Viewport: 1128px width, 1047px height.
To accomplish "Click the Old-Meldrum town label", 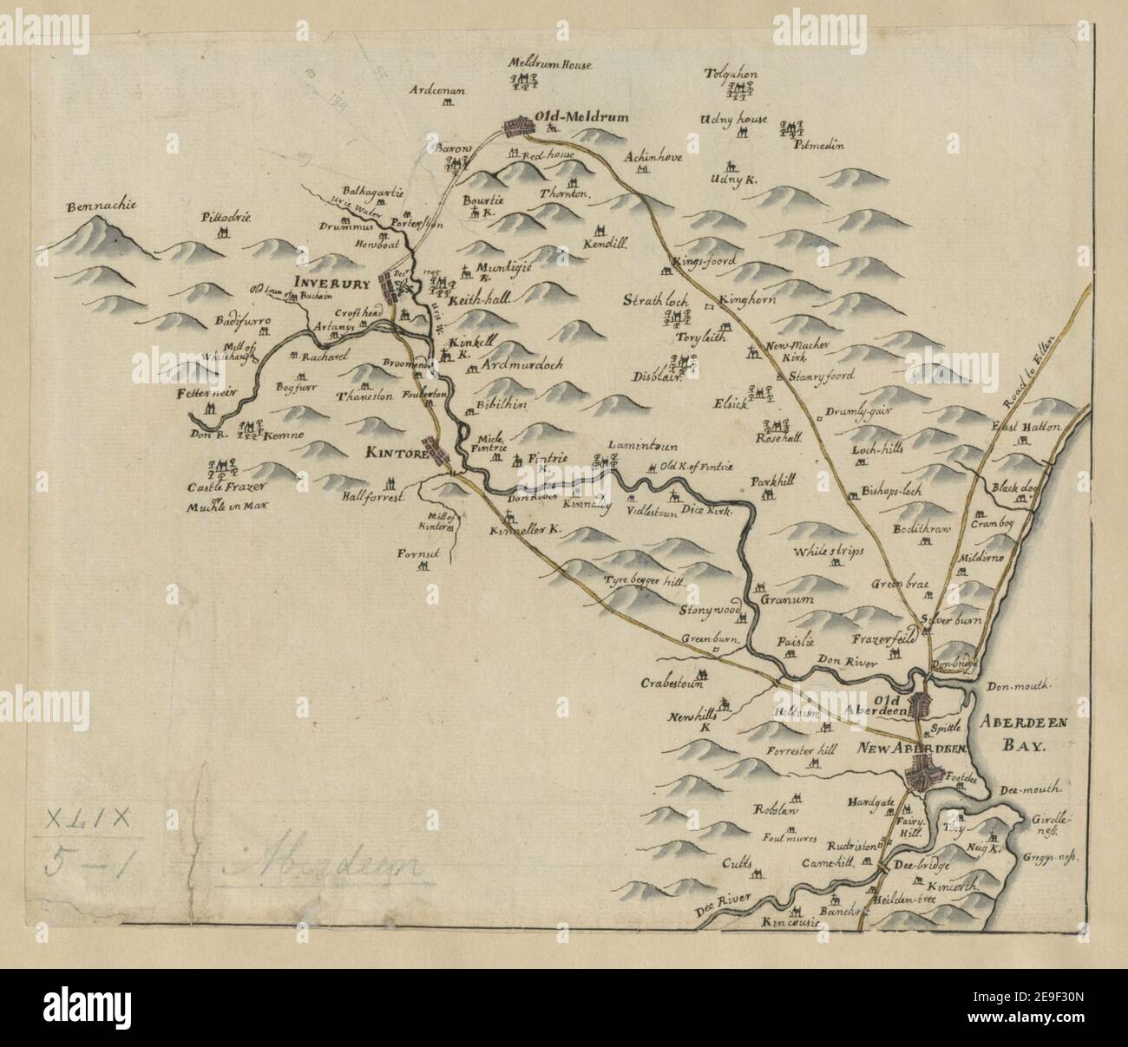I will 580,116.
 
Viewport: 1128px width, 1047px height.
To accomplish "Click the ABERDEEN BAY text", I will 1027,734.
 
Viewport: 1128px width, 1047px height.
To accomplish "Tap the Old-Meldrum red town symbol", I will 521,127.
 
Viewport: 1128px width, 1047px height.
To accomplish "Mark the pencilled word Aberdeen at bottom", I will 322,866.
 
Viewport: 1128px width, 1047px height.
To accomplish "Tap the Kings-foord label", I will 704,260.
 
